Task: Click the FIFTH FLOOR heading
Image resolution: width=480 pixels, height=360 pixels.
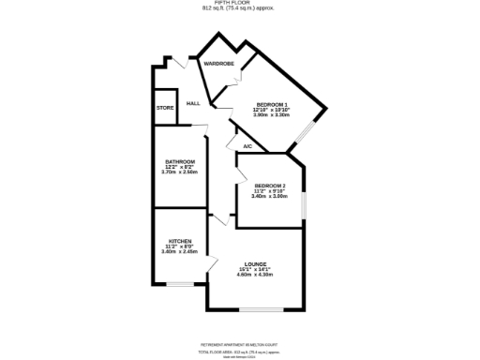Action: (240, 4)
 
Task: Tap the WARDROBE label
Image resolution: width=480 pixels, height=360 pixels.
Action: (218, 63)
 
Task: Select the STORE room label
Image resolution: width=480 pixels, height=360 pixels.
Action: (165, 108)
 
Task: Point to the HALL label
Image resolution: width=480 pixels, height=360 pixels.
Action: (194, 103)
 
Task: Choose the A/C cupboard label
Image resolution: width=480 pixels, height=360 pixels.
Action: (247, 147)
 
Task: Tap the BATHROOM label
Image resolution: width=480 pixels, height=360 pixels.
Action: (179, 161)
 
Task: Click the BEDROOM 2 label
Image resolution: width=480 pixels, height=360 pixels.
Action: (269, 186)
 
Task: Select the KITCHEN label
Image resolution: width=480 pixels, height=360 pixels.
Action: (178, 241)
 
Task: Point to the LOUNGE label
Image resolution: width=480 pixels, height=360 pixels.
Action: (255, 263)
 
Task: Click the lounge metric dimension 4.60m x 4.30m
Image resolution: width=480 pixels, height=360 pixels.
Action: (255, 275)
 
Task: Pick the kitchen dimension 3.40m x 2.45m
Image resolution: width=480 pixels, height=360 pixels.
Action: (178, 252)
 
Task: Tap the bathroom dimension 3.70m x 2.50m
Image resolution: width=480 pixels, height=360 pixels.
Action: (179, 172)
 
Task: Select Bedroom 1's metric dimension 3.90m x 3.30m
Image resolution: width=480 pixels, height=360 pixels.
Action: (270, 115)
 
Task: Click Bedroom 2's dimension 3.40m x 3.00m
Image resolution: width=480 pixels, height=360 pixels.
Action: (269, 196)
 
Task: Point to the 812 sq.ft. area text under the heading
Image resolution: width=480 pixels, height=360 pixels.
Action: (240, 9)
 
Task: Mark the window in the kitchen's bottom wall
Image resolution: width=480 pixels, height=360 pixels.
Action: (181, 283)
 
